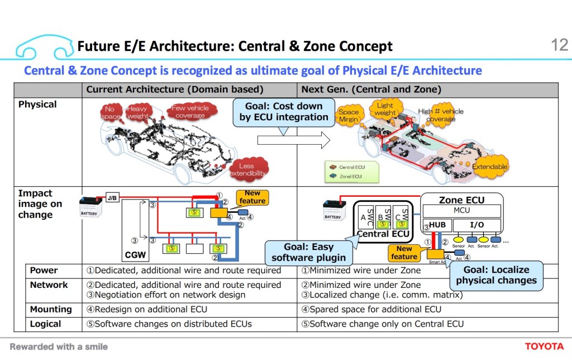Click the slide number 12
coord(559,45)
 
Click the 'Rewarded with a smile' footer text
coord(59,347)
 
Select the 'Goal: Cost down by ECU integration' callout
coord(284,112)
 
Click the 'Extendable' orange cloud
coord(490,167)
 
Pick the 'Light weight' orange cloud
coord(385,109)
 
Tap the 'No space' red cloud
coord(110,112)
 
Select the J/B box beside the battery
coord(112,197)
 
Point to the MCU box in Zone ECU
coord(461,210)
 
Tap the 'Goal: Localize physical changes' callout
coord(496,274)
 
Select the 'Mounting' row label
coord(51,309)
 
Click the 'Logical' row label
coord(45,324)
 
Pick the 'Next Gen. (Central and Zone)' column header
coord(371,89)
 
